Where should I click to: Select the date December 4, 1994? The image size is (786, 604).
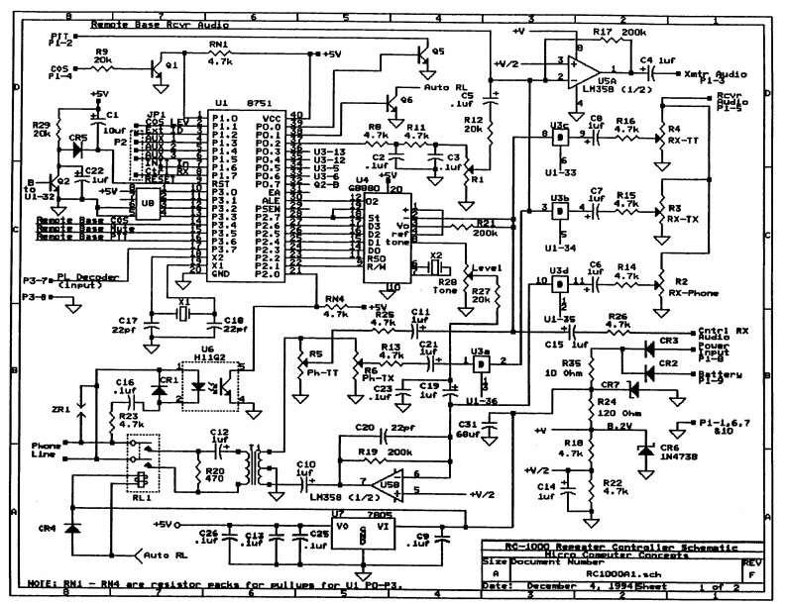point(555,586)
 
